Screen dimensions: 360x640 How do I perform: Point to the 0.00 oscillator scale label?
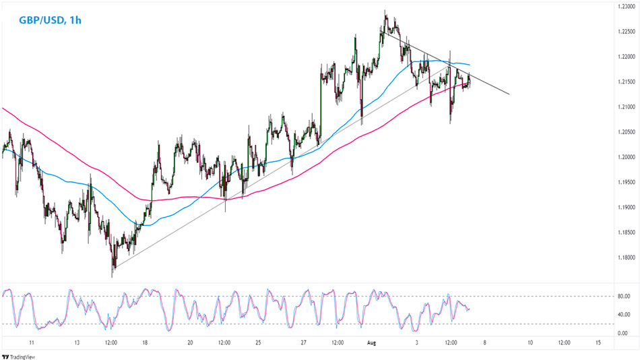622,333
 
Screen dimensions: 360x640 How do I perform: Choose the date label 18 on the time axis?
146,343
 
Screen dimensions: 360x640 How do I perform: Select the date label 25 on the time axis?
259,343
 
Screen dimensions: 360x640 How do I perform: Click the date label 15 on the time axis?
598,343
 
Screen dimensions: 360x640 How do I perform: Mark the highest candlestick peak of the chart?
385,11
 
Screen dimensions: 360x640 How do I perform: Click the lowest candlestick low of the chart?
113,276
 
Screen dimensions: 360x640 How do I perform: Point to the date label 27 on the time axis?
304,343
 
